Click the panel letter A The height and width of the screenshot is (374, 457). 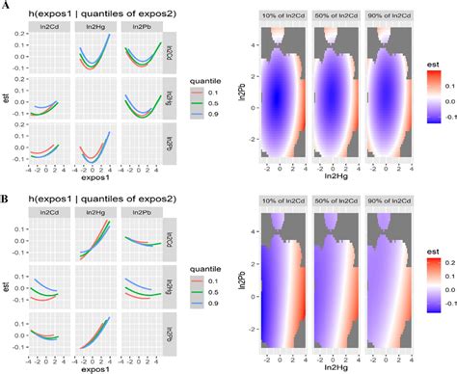(x=8, y=7)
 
